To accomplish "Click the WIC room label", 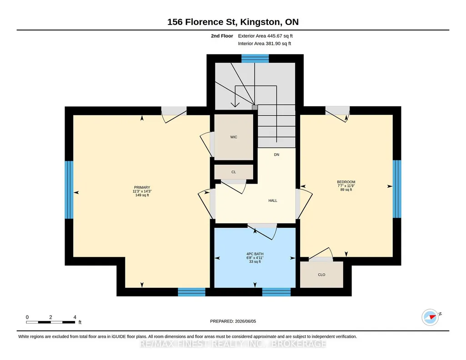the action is coord(234,137).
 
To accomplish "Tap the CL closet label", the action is coord(234,172).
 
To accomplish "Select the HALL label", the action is coord(273,200).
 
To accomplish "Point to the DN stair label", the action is coord(276,155).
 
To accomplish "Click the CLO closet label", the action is coord(321,275).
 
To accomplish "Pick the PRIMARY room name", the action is coord(142,187).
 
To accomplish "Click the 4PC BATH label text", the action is coord(255,254).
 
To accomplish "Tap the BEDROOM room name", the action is coord(346,182).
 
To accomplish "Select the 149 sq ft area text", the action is coord(142,195).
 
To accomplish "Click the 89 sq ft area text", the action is coord(346,190).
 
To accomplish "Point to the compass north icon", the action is coord(431,317).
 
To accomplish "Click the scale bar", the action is coord(50,322).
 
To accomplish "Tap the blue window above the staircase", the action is coord(255,59).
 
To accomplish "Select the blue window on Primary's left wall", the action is coord(69,190).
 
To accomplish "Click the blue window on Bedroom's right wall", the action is coord(397,189).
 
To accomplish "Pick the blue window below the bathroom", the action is coord(276,292).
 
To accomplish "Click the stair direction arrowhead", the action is coord(235,105).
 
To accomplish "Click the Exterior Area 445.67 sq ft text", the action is coord(266,36).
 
